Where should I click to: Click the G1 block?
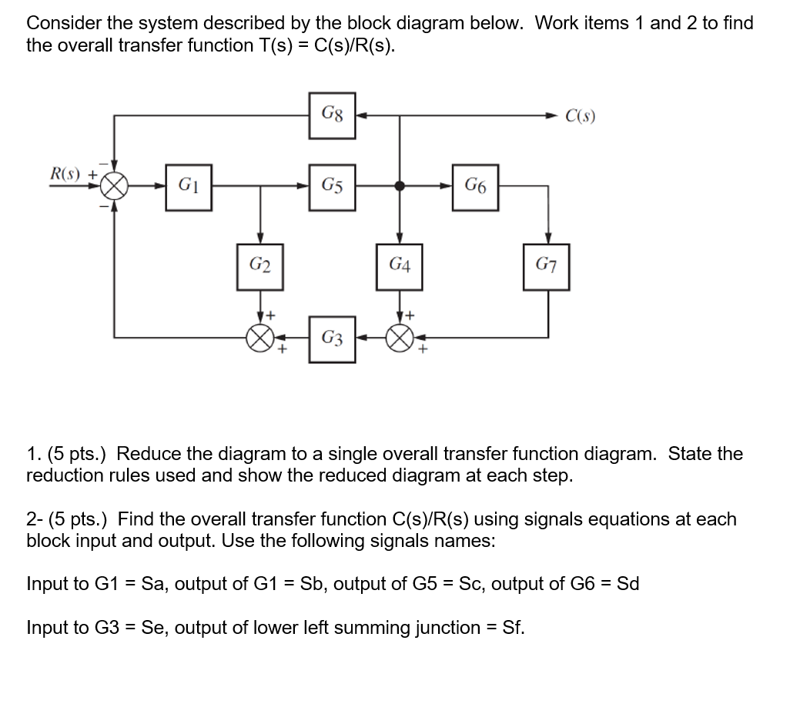[189, 186]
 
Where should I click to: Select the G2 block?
[260, 267]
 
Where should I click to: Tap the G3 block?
[333, 338]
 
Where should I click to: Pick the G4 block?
[399, 267]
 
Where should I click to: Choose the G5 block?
[333, 186]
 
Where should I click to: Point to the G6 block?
[475, 186]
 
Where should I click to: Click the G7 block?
[547, 267]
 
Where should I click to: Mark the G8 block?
[333, 116]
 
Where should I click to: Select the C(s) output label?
[580, 117]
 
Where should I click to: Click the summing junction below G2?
[260, 338]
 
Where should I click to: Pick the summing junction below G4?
[399, 338]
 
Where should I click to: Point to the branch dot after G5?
[399, 186]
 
